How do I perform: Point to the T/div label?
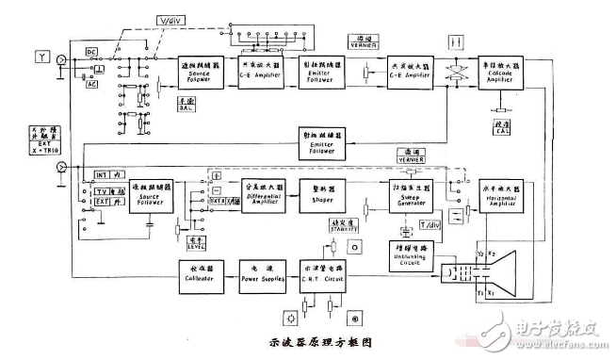[429, 224]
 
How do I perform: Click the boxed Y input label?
[41, 57]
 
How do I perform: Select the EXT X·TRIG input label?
[39, 147]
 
